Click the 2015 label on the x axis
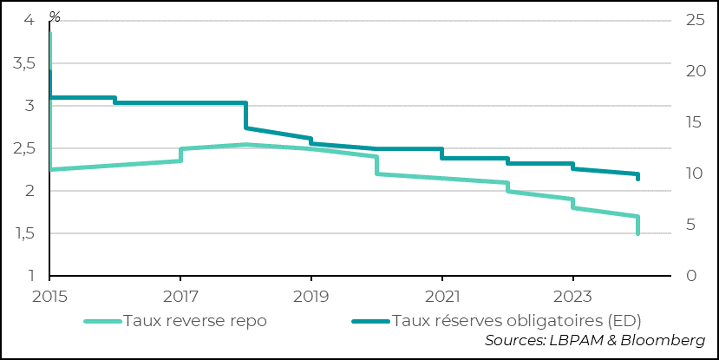49,296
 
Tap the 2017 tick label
180,296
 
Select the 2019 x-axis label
310,296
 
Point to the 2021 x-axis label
441,296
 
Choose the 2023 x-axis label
572,296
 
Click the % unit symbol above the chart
56,16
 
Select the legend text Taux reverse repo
195,320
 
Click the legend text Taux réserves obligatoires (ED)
517,320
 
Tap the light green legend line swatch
102,321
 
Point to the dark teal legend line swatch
370,321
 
